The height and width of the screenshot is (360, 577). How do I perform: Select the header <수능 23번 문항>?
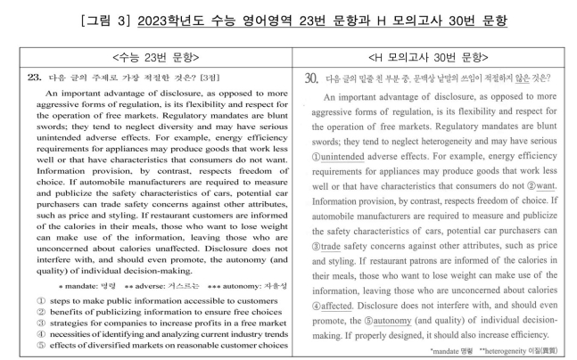pos(146,57)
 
